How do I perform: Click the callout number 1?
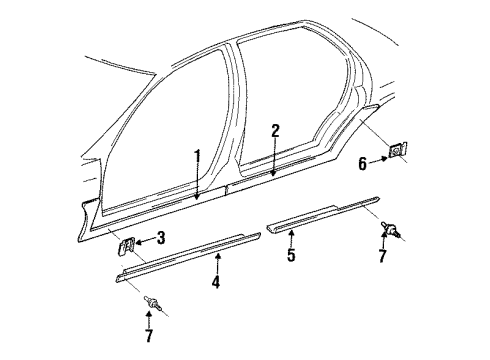(x=197, y=155)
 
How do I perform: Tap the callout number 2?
(x=274, y=130)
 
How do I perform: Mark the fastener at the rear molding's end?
(x=389, y=232)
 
